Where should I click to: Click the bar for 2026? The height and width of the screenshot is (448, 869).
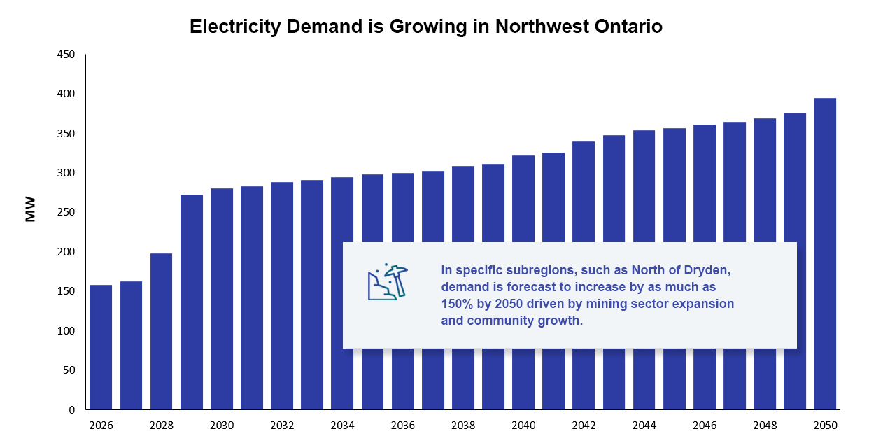click(x=101, y=347)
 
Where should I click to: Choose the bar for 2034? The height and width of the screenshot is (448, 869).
click(x=342, y=293)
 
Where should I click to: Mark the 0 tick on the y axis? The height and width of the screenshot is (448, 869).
click(x=72, y=410)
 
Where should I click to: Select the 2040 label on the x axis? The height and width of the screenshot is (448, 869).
click(x=523, y=426)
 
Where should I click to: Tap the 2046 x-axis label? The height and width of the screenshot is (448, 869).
click(x=704, y=426)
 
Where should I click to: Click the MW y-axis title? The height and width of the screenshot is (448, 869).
click(x=30, y=211)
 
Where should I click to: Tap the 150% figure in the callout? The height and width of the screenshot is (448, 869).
click(x=455, y=304)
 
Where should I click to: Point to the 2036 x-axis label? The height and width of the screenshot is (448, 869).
click(x=402, y=426)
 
